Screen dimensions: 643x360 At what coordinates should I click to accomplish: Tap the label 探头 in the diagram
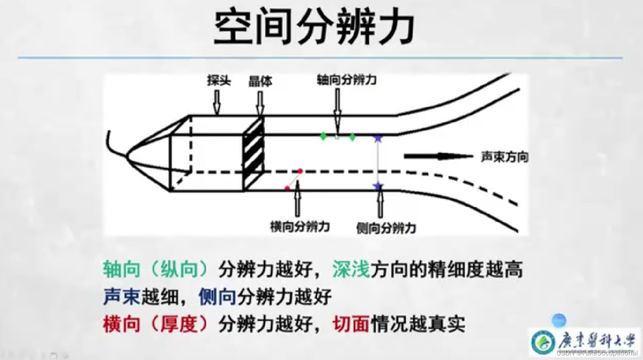[x=219, y=80]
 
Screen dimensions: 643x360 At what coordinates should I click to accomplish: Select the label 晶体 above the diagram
[x=260, y=81]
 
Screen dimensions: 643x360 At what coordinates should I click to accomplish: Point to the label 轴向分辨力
[x=347, y=80]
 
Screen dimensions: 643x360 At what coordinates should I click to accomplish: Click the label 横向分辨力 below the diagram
[x=300, y=227]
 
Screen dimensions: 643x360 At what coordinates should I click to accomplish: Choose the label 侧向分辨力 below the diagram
[x=386, y=228]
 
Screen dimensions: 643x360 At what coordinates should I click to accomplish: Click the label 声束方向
[x=505, y=157]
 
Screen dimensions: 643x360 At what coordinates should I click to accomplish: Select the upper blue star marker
[x=378, y=138]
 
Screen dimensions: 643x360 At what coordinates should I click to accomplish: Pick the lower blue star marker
[x=378, y=186]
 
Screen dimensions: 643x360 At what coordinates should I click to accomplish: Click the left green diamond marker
[x=323, y=136]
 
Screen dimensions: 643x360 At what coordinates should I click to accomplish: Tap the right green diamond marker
[x=352, y=137]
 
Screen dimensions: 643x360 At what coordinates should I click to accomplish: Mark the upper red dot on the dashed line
[x=300, y=171]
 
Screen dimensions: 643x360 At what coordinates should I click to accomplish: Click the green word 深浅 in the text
[x=351, y=269]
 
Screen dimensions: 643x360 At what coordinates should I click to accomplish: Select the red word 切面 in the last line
[x=351, y=324]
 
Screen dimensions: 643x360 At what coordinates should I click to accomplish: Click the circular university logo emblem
[x=543, y=342]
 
